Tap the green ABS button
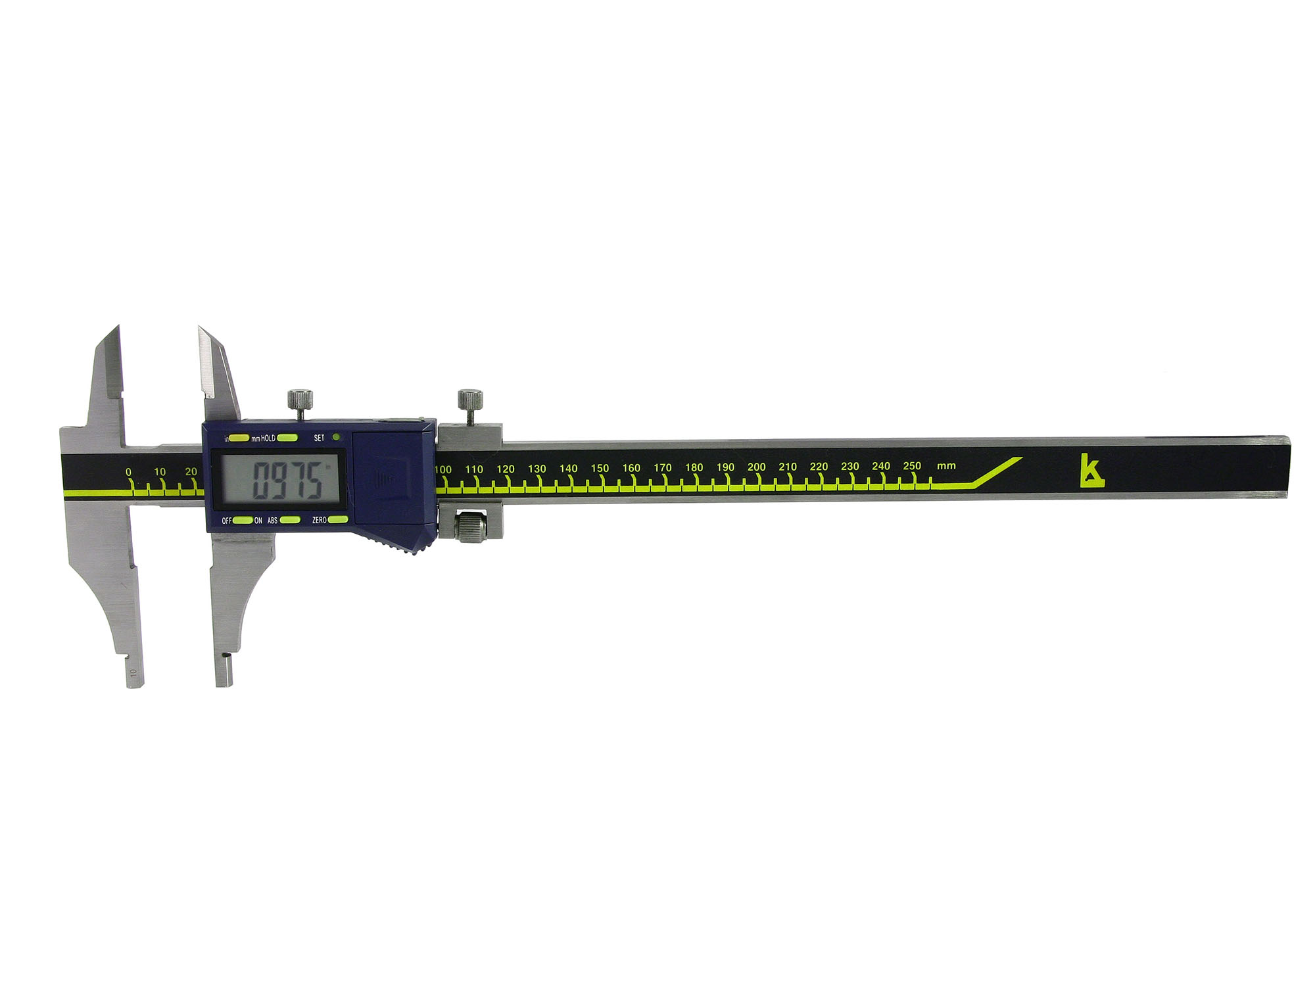pyautogui.click(x=290, y=520)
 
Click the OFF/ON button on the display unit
pyautogui.click(x=243, y=521)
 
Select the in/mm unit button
pyautogui.click(x=239, y=438)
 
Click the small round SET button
pyautogui.click(x=337, y=436)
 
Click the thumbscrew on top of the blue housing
pyautogui.click(x=300, y=404)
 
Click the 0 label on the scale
pyautogui.click(x=128, y=472)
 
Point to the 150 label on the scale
pyautogui.click(x=600, y=468)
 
